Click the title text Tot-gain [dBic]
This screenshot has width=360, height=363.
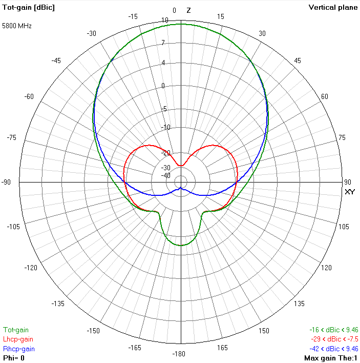pyautogui.click(x=29, y=7)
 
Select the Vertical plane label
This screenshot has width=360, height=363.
pyautogui.click(x=333, y=7)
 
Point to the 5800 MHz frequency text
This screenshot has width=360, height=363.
pyautogui.click(x=17, y=25)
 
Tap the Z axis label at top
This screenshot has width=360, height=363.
pyautogui.click(x=188, y=10)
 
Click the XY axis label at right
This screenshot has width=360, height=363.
pyautogui.click(x=350, y=192)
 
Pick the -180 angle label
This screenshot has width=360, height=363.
pyautogui.click(x=181, y=354)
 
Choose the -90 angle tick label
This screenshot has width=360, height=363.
pyautogui.click(x=7, y=183)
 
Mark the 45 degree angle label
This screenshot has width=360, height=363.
pyautogui.click(x=298, y=61)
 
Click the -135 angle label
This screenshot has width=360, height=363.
pyautogui.click(x=58, y=304)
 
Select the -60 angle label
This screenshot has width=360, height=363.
pyautogui.click(x=29, y=96)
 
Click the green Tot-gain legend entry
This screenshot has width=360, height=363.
pyautogui.click(x=16, y=330)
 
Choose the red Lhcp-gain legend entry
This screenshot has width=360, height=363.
pyautogui.click(x=18, y=339)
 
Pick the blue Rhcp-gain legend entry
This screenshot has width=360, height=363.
pyautogui.click(x=18, y=349)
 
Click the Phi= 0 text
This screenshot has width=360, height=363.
pyautogui.click(x=14, y=358)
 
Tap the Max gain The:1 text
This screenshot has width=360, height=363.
pyautogui.click(x=331, y=358)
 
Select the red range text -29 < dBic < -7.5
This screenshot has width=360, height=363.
pyautogui.click(x=334, y=339)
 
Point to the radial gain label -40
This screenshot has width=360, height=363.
pyautogui.click(x=166, y=176)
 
